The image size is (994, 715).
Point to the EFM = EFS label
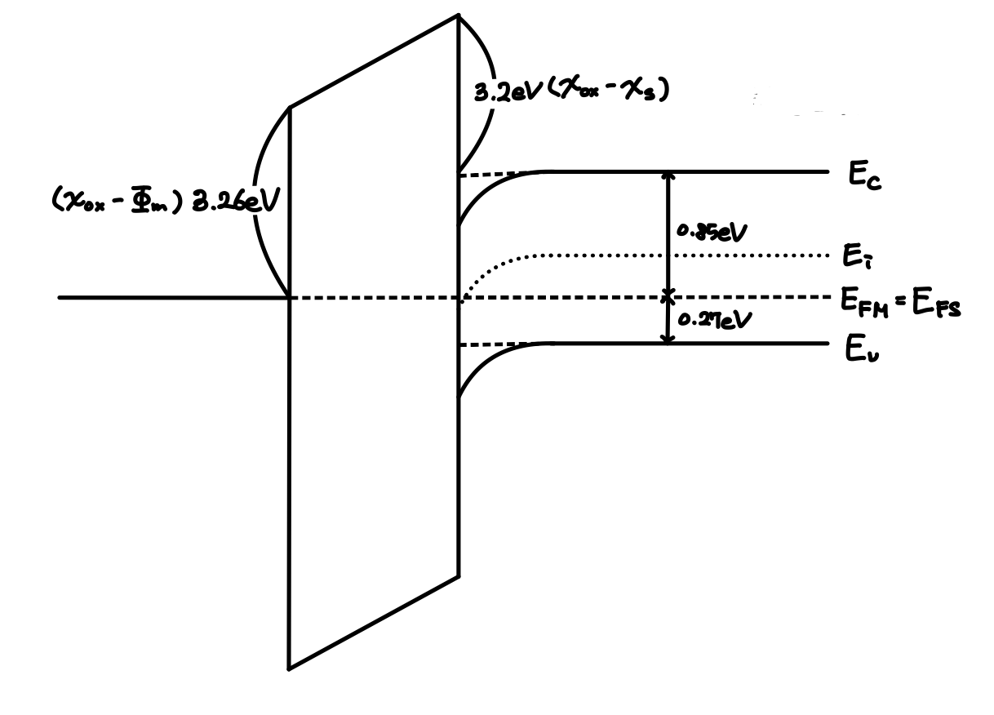[x=900, y=306]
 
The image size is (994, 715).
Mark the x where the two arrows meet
[x=668, y=295]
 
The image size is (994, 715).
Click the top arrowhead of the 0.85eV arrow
[x=668, y=175]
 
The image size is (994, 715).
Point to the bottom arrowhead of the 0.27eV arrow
[x=668, y=340]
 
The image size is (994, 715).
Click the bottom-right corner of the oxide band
[x=459, y=576]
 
